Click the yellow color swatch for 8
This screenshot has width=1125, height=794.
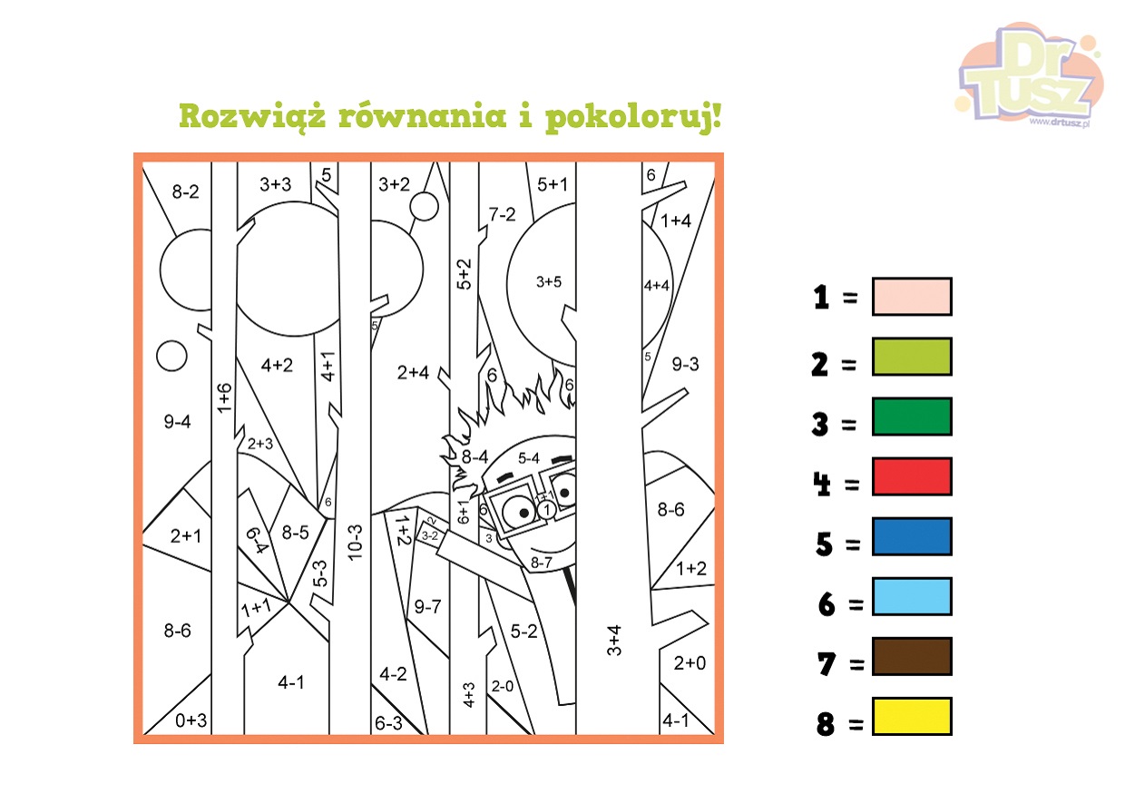[x=912, y=716]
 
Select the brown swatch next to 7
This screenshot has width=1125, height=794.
[x=912, y=656]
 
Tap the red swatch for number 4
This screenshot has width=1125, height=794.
[x=912, y=476]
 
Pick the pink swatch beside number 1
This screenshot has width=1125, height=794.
[x=912, y=297]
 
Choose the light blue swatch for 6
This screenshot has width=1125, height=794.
[x=912, y=596]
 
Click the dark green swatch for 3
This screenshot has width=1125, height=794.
[x=912, y=417]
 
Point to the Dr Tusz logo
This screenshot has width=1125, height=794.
[x=1029, y=75]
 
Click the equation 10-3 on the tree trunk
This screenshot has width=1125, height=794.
[x=355, y=543]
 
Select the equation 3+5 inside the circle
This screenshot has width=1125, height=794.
[x=548, y=281]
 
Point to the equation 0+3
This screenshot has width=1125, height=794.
[x=191, y=720]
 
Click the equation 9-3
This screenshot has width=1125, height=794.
[x=685, y=364]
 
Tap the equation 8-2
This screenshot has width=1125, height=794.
[x=185, y=191]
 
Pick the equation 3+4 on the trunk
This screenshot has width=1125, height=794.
[x=614, y=641]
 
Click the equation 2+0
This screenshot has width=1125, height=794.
[x=690, y=663]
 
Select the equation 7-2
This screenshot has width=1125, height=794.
[x=503, y=214]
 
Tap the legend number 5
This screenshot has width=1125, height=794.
[x=824, y=544]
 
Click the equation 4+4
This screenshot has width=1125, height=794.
[x=657, y=286]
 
